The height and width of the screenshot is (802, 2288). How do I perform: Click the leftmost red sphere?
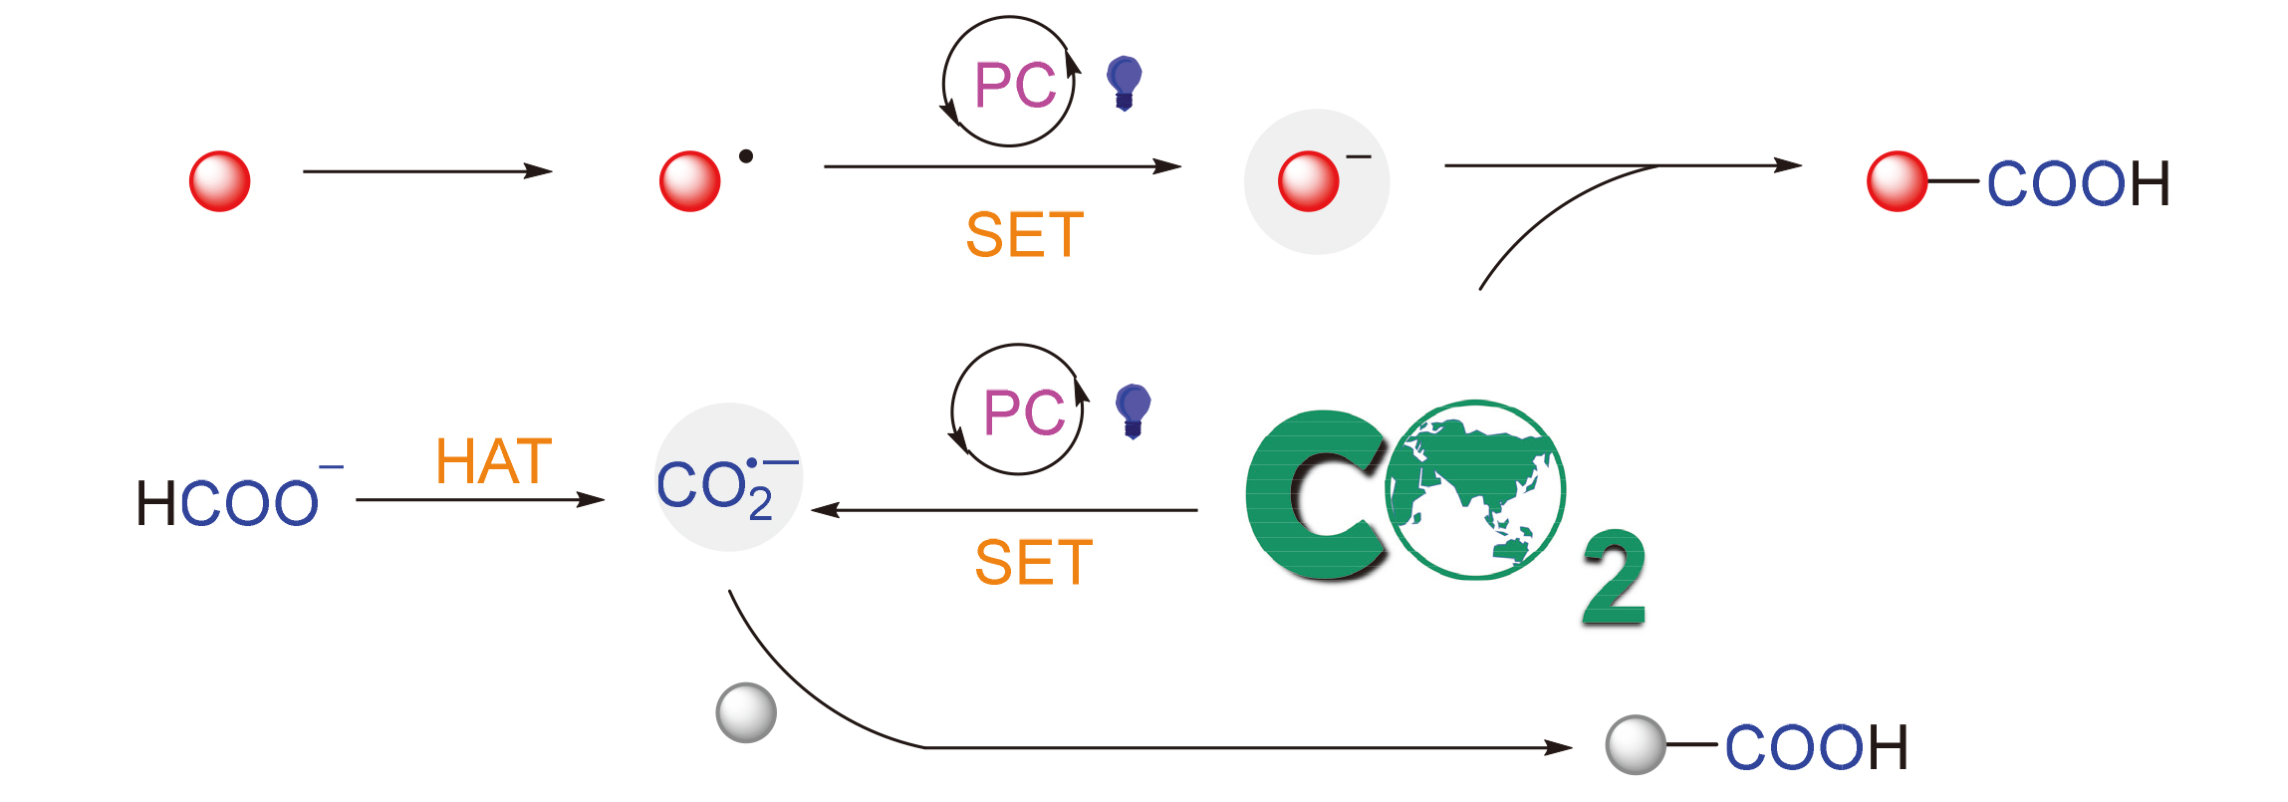(219, 181)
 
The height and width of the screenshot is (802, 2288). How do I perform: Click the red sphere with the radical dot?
(689, 181)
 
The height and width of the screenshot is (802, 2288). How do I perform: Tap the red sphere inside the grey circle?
(1308, 181)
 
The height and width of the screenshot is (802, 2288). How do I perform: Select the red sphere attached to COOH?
(1897, 181)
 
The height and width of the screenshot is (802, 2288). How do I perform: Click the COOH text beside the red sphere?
(2078, 184)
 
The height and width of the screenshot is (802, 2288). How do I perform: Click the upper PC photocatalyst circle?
(1010, 83)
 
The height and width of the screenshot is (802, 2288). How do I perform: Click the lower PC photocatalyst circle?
(1019, 410)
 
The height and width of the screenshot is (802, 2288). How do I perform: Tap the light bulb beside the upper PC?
(1125, 82)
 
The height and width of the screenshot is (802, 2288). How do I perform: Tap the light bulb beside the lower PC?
(1134, 409)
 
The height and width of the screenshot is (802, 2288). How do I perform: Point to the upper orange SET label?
(1025, 236)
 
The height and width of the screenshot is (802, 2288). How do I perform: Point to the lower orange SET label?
(1034, 563)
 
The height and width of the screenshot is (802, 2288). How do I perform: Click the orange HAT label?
(494, 462)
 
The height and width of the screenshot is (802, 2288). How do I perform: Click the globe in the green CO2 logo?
(1475, 490)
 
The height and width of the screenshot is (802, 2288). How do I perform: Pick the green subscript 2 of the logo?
(1614, 577)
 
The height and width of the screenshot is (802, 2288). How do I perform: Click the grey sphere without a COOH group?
(746, 712)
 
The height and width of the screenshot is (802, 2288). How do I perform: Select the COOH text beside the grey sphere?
(1816, 748)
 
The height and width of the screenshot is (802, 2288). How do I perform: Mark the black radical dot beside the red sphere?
(746, 155)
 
